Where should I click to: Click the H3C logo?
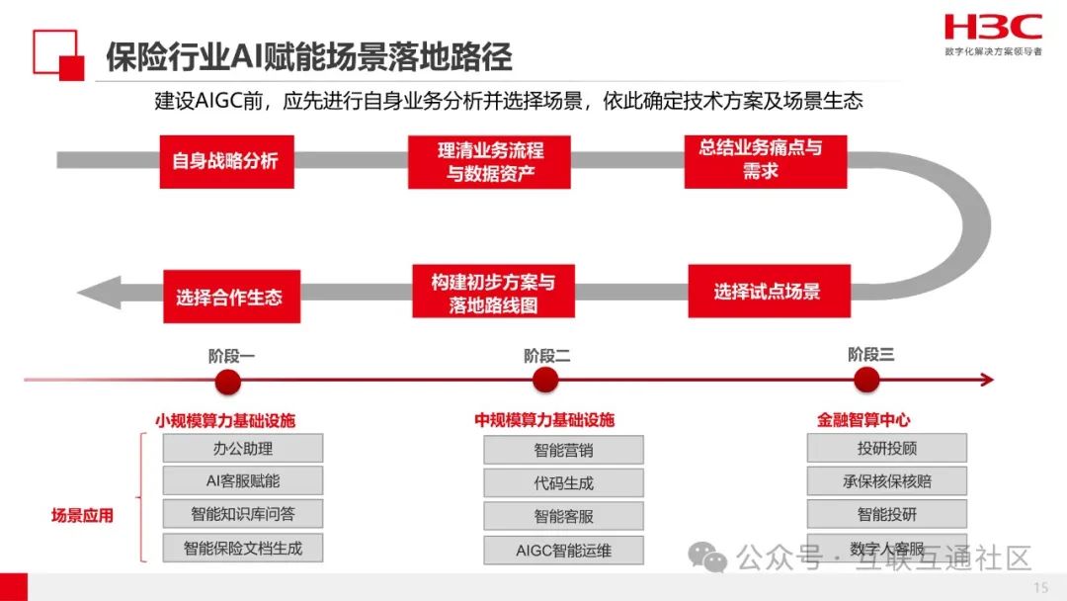(992, 28)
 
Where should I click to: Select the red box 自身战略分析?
(225, 160)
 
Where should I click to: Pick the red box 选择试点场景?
(767, 292)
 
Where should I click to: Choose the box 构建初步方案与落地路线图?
(493, 294)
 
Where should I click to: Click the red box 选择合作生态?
(229, 296)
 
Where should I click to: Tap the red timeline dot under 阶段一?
(229, 382)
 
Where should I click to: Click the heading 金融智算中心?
(862, 420)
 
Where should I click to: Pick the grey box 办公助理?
(243, 448)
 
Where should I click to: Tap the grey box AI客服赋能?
(243, 480)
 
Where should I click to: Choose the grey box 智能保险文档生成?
(243, 547)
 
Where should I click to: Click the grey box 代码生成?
(563, 483)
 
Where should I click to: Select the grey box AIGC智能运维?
(563, 550)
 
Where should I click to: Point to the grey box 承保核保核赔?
(886, 481)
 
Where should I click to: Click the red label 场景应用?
(82, 515)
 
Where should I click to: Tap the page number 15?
(1040, 588)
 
